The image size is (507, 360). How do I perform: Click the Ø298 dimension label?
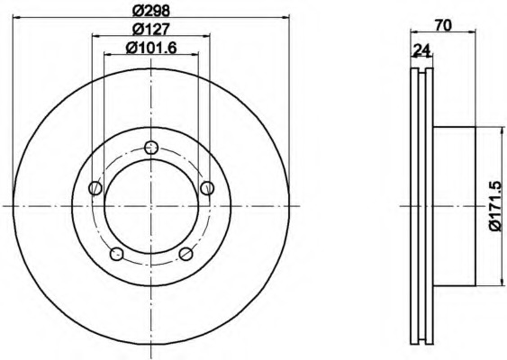pos(151,11)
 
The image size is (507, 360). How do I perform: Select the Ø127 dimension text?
pos(151,30)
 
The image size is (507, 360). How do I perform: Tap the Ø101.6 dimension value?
pos(151,49)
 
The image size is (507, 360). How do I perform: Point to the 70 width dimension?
pos(443,25)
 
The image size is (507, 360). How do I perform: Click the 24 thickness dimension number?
pos(422,49)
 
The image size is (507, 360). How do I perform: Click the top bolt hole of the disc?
pos(151,148)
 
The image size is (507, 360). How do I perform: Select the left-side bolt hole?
pos(95,188)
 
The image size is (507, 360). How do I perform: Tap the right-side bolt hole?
pos(207,188)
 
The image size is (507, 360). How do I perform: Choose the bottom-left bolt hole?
pos(117,254)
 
